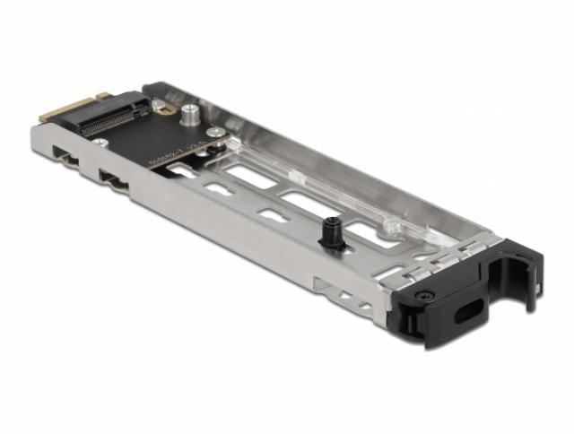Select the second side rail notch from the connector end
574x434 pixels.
[x=113, y=179]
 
